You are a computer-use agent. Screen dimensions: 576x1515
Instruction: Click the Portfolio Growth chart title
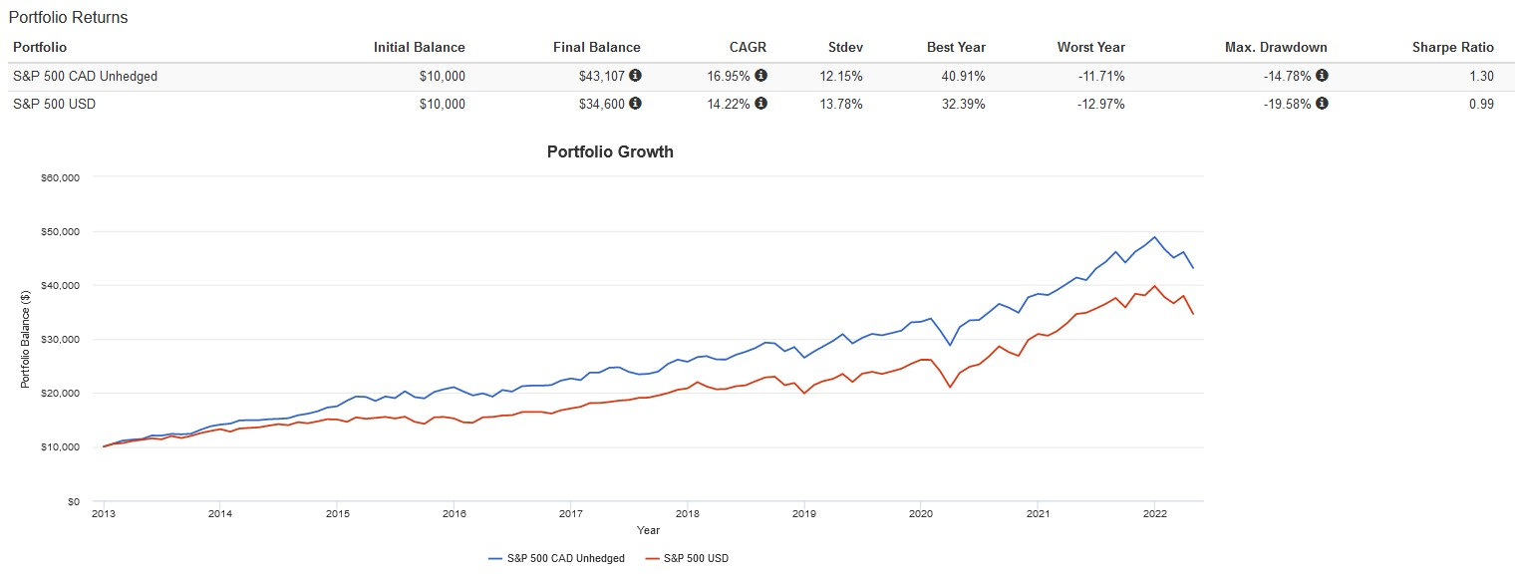click(x=610, y=152)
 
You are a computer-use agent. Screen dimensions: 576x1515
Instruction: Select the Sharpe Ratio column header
click(x=1452, y=47)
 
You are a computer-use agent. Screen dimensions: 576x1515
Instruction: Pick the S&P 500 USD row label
click(x=54, y=104)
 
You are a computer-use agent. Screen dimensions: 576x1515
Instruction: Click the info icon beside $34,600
click(x=635, y=104)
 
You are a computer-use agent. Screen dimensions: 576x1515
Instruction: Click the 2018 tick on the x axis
click(x=686, y=514)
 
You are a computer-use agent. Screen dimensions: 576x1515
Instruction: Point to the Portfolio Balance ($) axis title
click(x=25, y=339)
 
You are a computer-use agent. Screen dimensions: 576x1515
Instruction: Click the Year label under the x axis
click(x=648, y=530)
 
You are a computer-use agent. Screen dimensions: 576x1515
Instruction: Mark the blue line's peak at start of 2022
click(x=1154, y=237)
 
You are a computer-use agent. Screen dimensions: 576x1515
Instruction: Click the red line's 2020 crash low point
click(x=950, y=387)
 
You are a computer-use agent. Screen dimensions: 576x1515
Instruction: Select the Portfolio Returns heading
click(x=68, y=18)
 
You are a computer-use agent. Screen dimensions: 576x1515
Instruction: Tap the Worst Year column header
click(x=1090, y=47)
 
